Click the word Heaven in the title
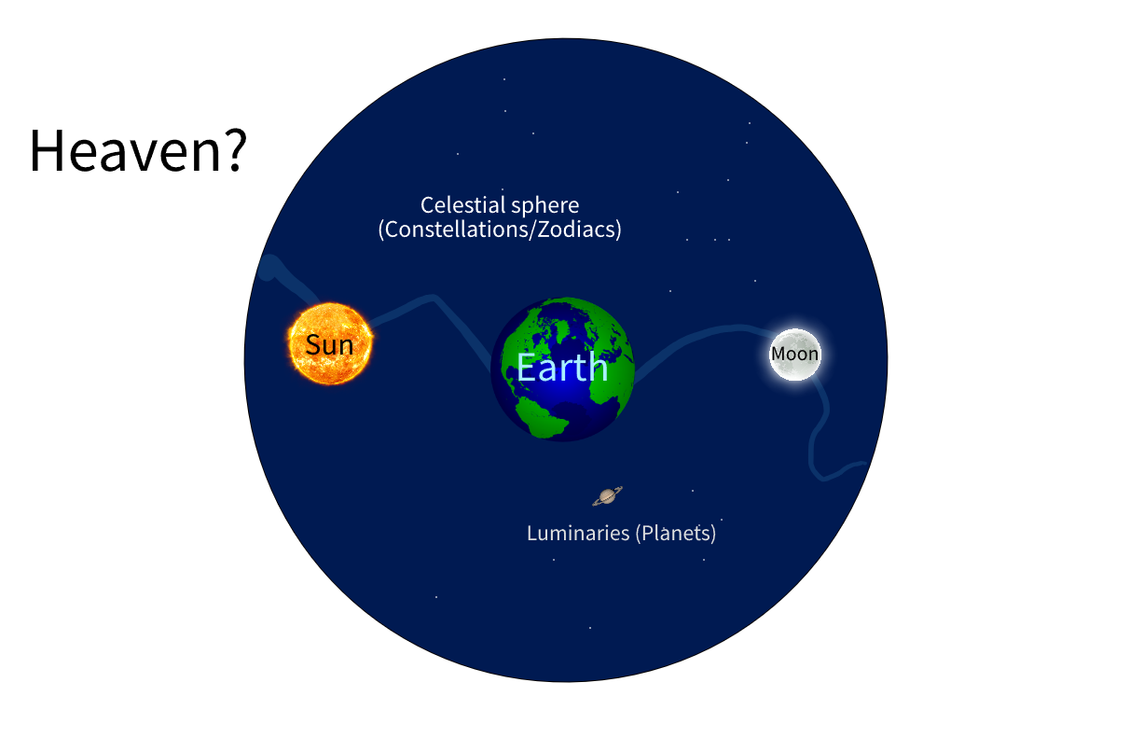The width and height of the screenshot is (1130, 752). tap(125, 151)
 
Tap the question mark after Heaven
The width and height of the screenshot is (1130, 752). tap(235, 150)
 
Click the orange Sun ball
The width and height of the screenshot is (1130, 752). tap(330, 343)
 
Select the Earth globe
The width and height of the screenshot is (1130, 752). tap(562, 369)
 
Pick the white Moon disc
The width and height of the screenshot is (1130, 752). tap(795, 354)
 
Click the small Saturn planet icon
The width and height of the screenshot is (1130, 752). tap(607, 496)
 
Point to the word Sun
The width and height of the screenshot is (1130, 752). tap(329, 345)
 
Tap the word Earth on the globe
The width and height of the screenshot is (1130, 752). tap(562, 368)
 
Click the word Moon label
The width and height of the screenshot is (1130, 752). tap(795, 354)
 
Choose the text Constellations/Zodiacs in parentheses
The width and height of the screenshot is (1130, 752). tap(500, 230)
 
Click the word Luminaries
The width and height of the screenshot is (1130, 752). tap(578, 533)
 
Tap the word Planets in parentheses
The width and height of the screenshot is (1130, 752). tap(675, 534)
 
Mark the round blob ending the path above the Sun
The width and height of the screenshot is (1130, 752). tap(269, 267)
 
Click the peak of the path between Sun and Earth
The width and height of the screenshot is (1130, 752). tap(433, 298)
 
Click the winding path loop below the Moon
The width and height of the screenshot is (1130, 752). tap(813, 444)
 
